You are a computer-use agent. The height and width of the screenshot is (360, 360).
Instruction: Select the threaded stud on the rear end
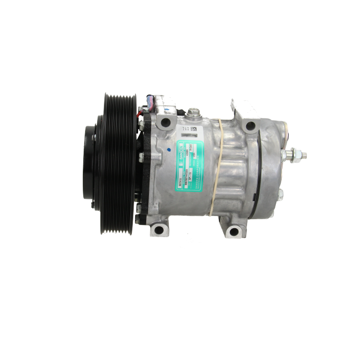tap(303, 155)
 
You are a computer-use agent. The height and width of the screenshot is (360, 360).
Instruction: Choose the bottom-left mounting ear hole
tap(158, 231)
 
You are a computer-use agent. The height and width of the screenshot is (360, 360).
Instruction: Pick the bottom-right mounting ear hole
tap(232, 231)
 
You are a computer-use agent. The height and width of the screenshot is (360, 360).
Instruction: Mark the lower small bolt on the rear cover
tap(280, 194)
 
